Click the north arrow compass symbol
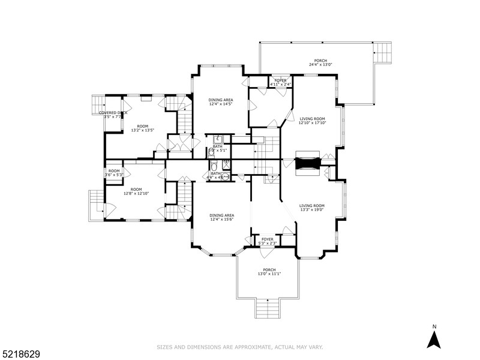point(434,337)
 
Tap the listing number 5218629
point(22,355)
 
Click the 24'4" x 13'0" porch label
point(320,62)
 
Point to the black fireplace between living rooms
point(308,164)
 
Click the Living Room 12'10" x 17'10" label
point(313,121)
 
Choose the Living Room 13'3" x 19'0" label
point(312,208)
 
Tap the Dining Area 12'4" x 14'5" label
point(221,102)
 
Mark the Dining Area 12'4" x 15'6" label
point(221,217)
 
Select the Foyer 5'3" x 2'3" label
point(268,241)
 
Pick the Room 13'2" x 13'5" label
point(142,128)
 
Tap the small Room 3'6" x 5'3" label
point(114,173)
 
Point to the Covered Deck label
point(113,115)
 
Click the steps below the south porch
point(268,309)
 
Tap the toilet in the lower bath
point(214,168)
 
